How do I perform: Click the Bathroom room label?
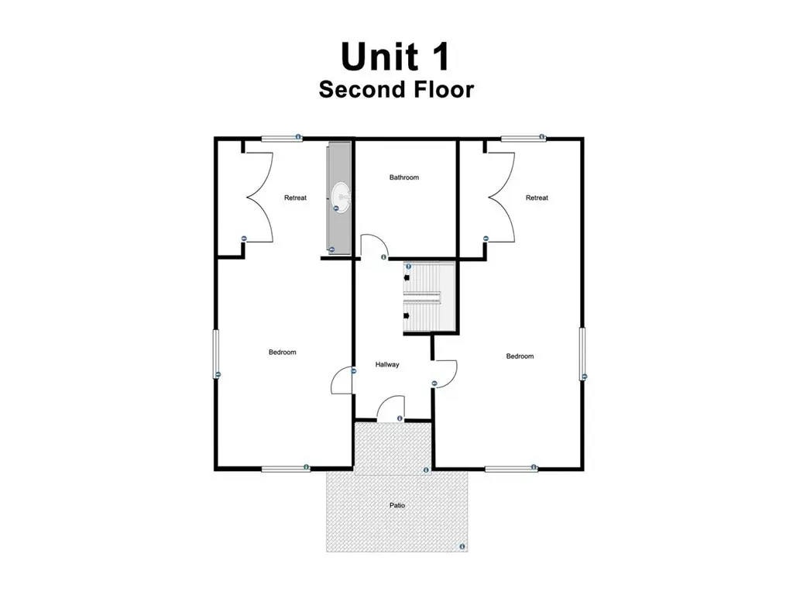pyautogui.click(x=404, y=177)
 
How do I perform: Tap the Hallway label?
pyautogui.click(x=387, y=364)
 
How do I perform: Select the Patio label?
pyautogui.click(x=397, y=505)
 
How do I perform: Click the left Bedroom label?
pyautogui.click(x=282, y=353)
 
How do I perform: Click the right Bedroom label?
pyautogui.click(x=520, y=356)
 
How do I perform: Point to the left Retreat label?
pyautogui.click(x=295, y=198)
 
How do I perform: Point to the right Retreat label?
pyautogui.click(x=537, y=198)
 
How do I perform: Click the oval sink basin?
pyautogui.click(x=341, y=198)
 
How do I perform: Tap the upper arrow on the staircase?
pyautogui.click(x=407, y=277)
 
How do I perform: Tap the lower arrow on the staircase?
pyautogui.click(x=407, y=316)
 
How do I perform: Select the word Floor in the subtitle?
pyautogui.click(x=444, y=90)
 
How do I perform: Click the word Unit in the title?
pyautogui.click(x=379, y=56)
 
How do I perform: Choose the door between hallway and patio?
pyautogui.click(x=391, y=408)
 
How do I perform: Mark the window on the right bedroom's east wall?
pyautogui.click(x=582, y=353)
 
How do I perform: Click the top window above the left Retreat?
pyautogui.click(x=282, y=138)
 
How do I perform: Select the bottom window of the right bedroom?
pyautogui.click(x=511, y=469)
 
